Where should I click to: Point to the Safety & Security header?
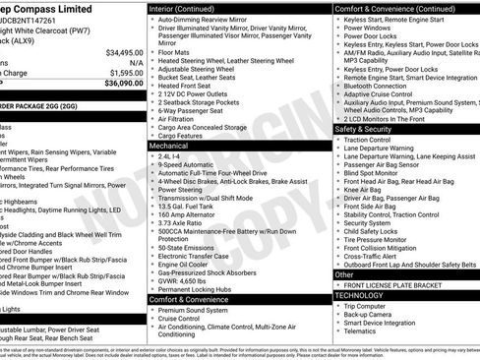point(369,129)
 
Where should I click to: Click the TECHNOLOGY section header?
point(359,295)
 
